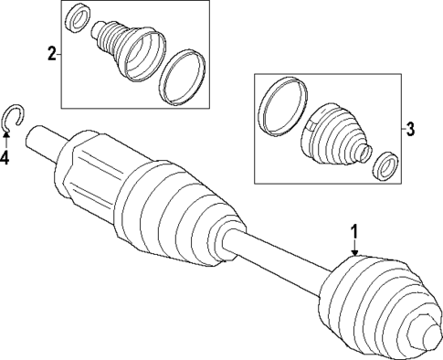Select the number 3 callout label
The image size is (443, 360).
tap(410, 130)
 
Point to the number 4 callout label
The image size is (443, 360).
tap(5, 158)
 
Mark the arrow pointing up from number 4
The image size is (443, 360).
tap(6, 137)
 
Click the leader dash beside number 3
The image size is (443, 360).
tap(399, 130)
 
